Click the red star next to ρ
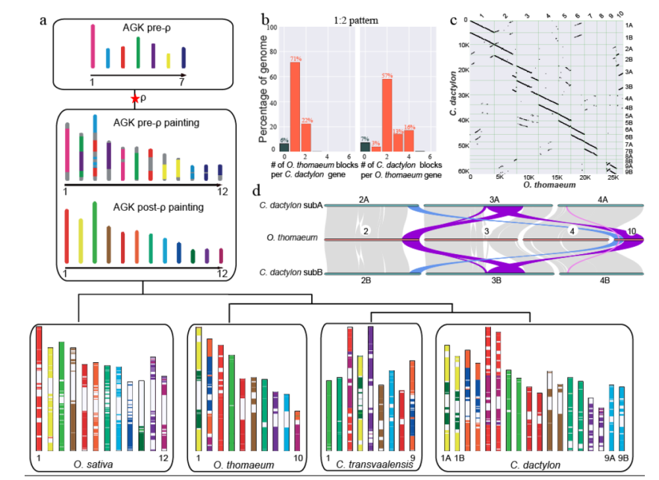pos(134,98)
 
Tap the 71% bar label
pos(295,57)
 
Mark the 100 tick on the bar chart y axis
pos(274,28)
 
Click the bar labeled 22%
pos(306,137)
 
